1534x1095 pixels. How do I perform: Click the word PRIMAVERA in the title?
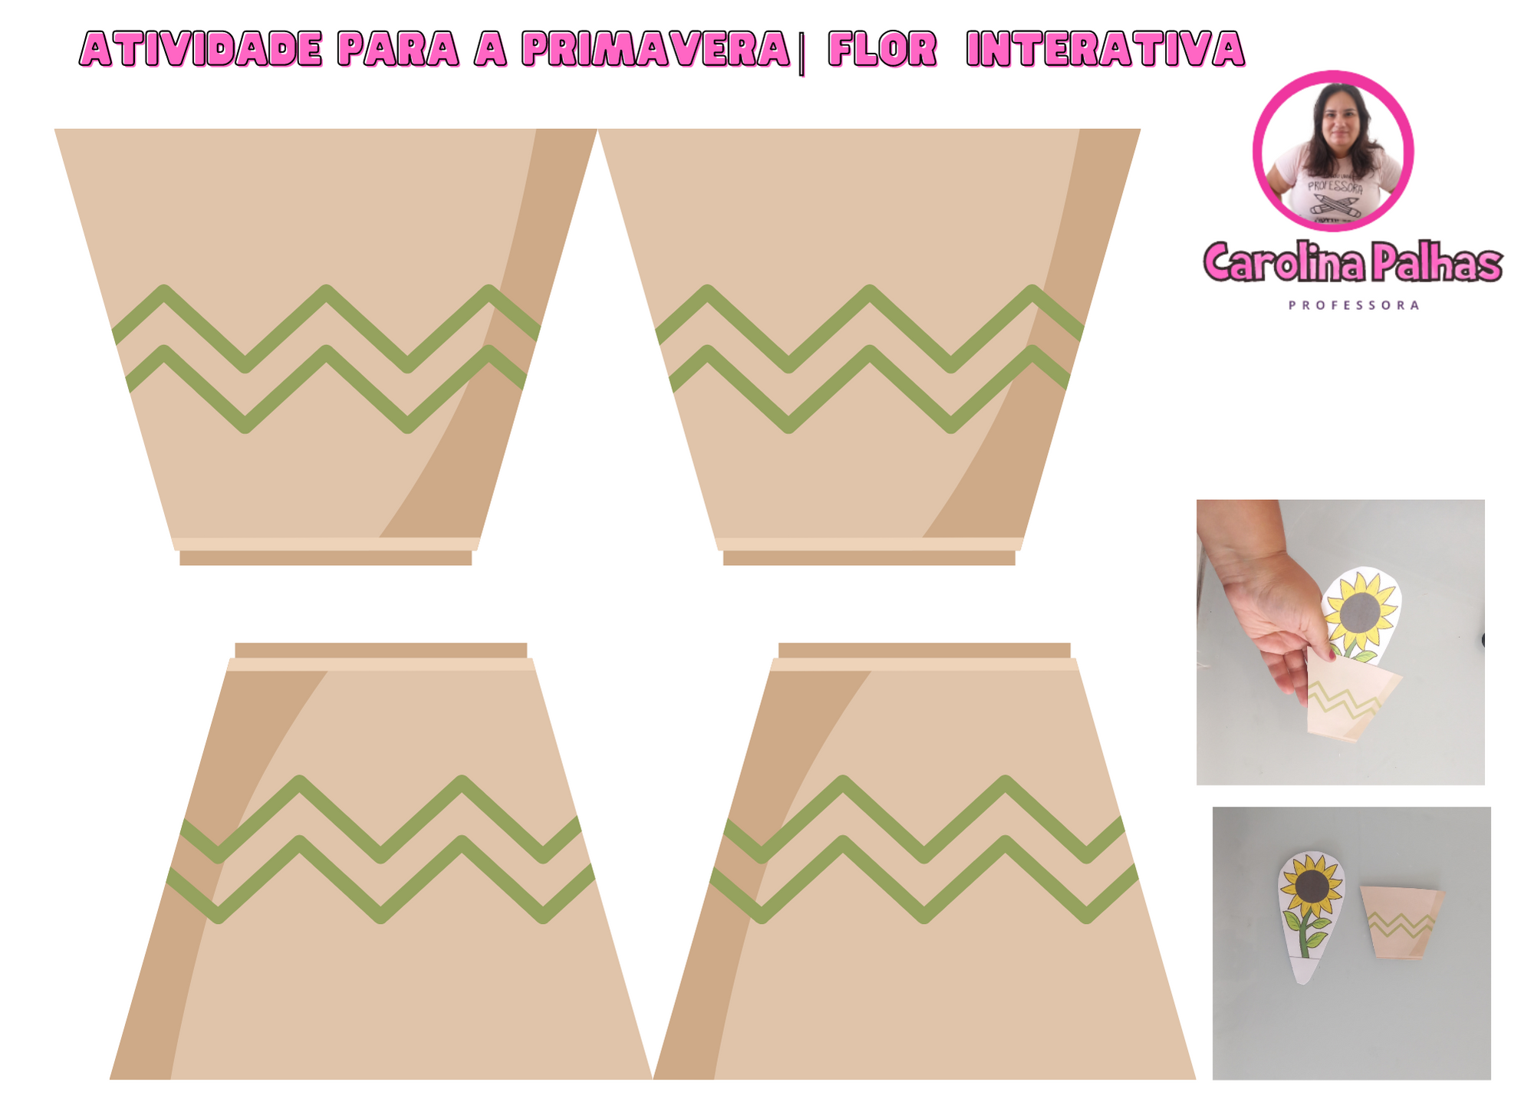656,49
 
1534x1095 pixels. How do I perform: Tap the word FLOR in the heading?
883,49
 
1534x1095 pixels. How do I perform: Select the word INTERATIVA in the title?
1105,49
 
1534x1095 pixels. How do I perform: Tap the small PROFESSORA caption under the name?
1354,305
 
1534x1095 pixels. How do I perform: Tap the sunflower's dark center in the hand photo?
1360,612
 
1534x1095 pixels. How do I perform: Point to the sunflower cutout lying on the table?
1310,916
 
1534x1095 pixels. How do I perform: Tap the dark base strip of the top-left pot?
325,558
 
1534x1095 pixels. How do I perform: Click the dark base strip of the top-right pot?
869,558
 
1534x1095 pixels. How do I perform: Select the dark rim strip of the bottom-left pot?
380,650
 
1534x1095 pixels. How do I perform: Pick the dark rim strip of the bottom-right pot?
924,650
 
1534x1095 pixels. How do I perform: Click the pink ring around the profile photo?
1333,74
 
